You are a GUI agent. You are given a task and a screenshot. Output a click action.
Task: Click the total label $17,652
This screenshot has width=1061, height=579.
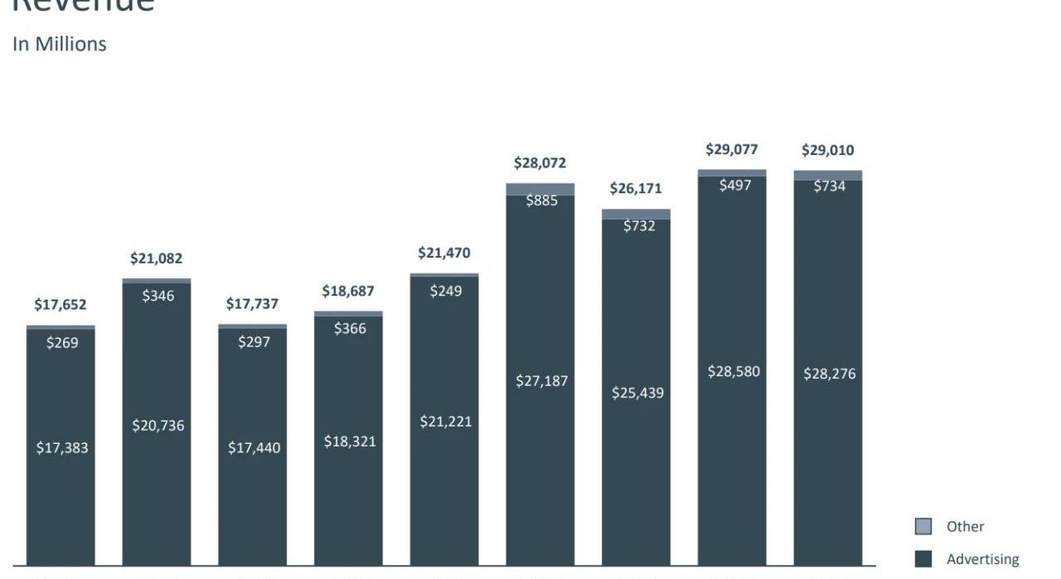pyautogui.click(x=60, y=305)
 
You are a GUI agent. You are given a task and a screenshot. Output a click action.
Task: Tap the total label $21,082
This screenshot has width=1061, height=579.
pyautogui.click(x=156, y=259)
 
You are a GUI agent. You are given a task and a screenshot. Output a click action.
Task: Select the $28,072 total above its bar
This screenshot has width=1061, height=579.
pyautogui.click(x=540, y=163)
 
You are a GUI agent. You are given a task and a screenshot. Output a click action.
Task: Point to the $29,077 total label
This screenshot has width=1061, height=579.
pyautogui.click(x=732, y=150)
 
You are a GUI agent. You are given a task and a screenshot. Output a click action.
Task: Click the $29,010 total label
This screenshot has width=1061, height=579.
pyautogui.click(x=827, y=151)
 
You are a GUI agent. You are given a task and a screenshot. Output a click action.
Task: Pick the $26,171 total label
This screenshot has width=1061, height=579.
pyautogui.click(x=636, y=189)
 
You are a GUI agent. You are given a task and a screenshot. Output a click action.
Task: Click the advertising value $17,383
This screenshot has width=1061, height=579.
pyautogui.click(x=61, y=448)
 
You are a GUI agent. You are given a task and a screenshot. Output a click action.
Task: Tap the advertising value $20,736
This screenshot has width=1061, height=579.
pyautogui.click(x=157, y=426)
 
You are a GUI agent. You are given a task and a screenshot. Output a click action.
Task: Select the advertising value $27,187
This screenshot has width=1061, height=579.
pyautogui.click(x=541, y=381)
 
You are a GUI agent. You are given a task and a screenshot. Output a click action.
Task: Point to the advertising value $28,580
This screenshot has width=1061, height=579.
pyautogui.click(x=734, y=372)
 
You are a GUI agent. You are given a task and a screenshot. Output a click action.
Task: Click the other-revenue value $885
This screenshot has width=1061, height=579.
pyautogui.click(x=541, y=200)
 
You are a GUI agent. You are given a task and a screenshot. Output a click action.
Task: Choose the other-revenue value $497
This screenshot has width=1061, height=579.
pyautogui.click(x=734, y=186)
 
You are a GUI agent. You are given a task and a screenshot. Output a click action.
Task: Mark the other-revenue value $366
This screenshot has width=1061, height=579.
pyautogui.click(x=350, y=329)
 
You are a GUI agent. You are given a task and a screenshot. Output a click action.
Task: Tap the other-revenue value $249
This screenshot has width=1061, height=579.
pyautogui.click(x=445, y=292)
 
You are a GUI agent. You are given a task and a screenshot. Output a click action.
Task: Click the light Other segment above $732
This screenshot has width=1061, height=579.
pyautogui.click(x=636, y=214)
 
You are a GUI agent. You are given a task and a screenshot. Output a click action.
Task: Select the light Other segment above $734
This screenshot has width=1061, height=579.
pyautogui.click(x=827, y=175)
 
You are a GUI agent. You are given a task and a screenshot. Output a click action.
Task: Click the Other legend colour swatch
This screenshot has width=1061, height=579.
pyautogui.click(x=923, y=527)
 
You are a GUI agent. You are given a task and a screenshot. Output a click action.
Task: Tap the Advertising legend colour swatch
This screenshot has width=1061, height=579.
pyautogui.click(x=923, y=559)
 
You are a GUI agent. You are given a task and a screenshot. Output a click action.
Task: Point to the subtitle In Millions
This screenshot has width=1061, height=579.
pyautogui.click(x=59, y=45)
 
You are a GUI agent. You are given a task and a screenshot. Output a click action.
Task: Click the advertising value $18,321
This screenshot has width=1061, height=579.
pyautogui.click(x=349, y=441)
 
